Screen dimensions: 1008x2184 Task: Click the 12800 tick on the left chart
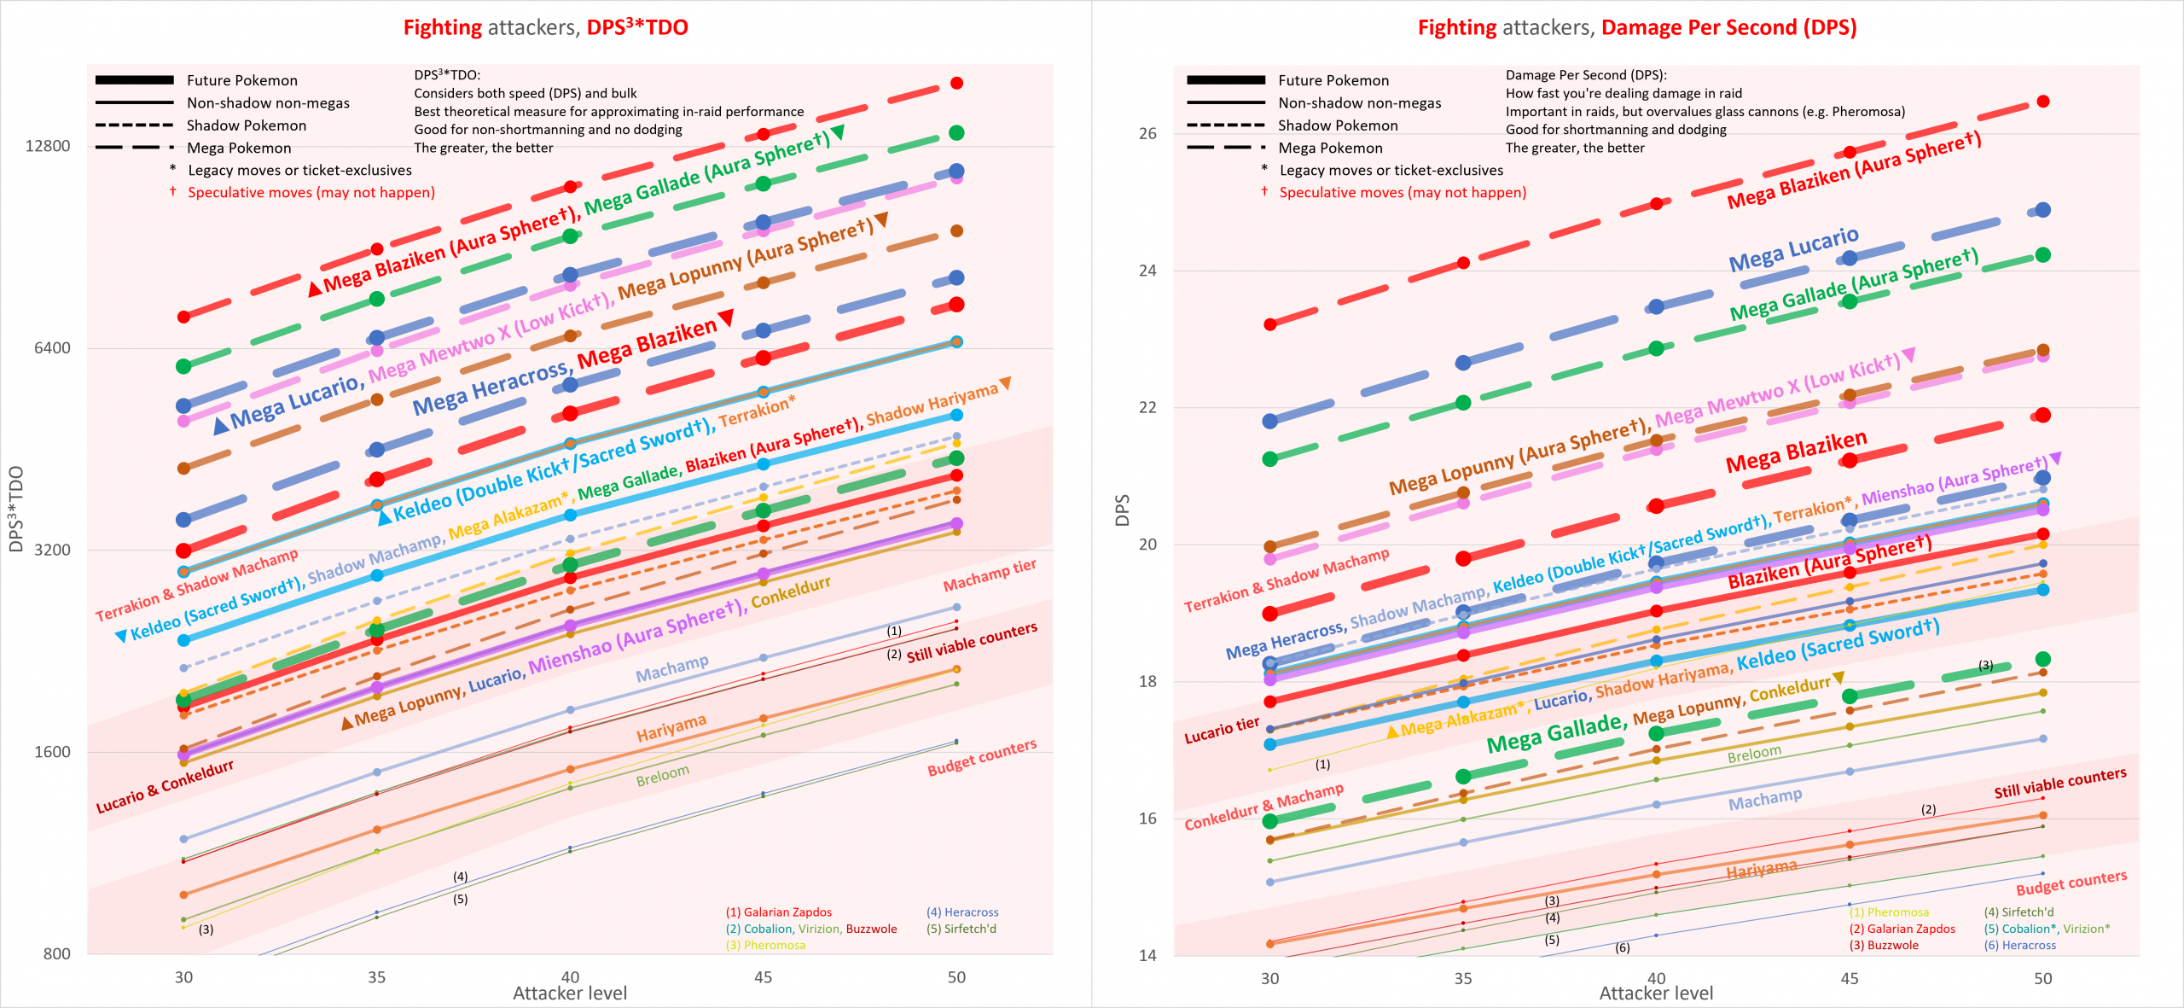pos(48,146)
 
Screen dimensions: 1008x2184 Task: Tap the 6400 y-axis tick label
pos(52,347)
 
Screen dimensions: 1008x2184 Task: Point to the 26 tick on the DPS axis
pos(1147,133)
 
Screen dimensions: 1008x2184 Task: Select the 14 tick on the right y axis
pos(1147,955)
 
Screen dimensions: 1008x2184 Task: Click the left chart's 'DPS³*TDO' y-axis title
pos(15,509)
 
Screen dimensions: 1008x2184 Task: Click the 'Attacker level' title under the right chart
pos(1655,993)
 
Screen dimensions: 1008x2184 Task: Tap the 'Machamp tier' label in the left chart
pos(989,575)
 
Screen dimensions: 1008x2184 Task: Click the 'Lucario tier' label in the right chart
pos(1221,731)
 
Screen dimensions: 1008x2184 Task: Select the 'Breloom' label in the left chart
pos(662,776)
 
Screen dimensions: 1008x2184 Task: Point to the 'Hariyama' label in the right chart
pos(1761,870)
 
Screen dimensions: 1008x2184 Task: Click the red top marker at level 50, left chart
pos(956,83)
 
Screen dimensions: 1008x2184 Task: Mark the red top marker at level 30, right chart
pos(1269,324)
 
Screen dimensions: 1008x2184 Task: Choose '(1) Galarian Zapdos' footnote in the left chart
pos(778,912)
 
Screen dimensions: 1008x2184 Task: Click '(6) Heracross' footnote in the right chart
pos(2019,946)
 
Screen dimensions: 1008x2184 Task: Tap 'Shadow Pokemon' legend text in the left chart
pos(246,125)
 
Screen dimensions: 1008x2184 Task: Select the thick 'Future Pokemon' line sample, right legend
pos(1225,80)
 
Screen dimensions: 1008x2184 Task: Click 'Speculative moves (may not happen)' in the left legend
pos(311,193)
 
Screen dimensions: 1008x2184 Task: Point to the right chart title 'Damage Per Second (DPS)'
pos(1728,27)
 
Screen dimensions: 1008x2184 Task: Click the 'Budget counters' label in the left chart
pos(982,758)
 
